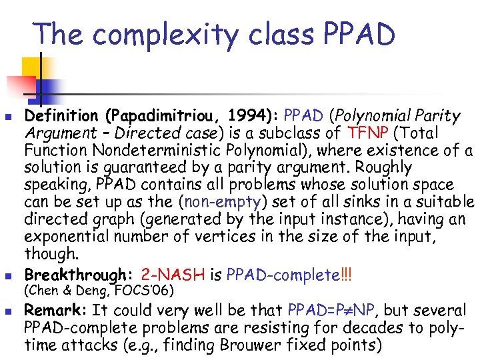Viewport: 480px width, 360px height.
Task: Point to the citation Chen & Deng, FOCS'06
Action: tap(99, 291)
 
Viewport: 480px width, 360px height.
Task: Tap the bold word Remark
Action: tap(55, 311)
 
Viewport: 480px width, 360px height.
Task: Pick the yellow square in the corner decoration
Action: tap(33, 66)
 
